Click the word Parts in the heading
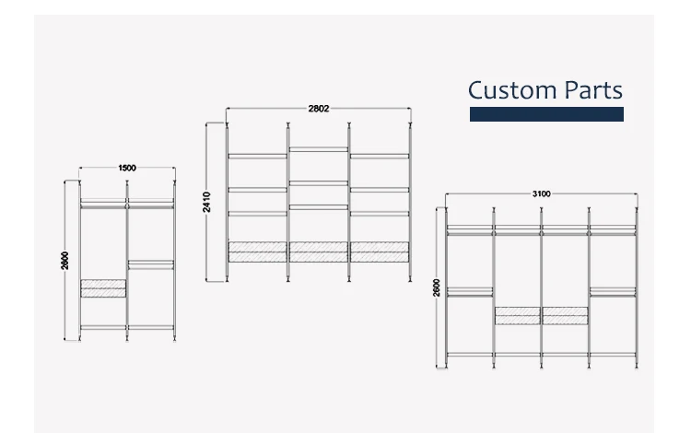tap(591, 90)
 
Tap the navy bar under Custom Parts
tap(546, 114)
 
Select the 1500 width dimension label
tap(127, 168)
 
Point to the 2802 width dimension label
tap(318, 108)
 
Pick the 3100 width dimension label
tap(542, 193)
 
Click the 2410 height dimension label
tap(208, 201)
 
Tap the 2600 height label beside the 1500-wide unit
tap(65, 261)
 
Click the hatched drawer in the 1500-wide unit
tap(103, 287)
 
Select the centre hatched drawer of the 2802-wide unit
tap(318, 252)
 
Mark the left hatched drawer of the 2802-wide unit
tap(258, 252)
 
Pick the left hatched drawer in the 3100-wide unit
tap(517, 315)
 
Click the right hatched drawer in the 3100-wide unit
tap(565, 315)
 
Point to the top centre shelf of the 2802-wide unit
tap(318, 149)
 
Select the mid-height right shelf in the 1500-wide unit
tap(150, 263)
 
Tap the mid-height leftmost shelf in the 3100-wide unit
tap(469, 291)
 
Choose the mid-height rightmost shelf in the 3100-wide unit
tap(613, 291)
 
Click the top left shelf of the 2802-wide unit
tap(258, 155)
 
